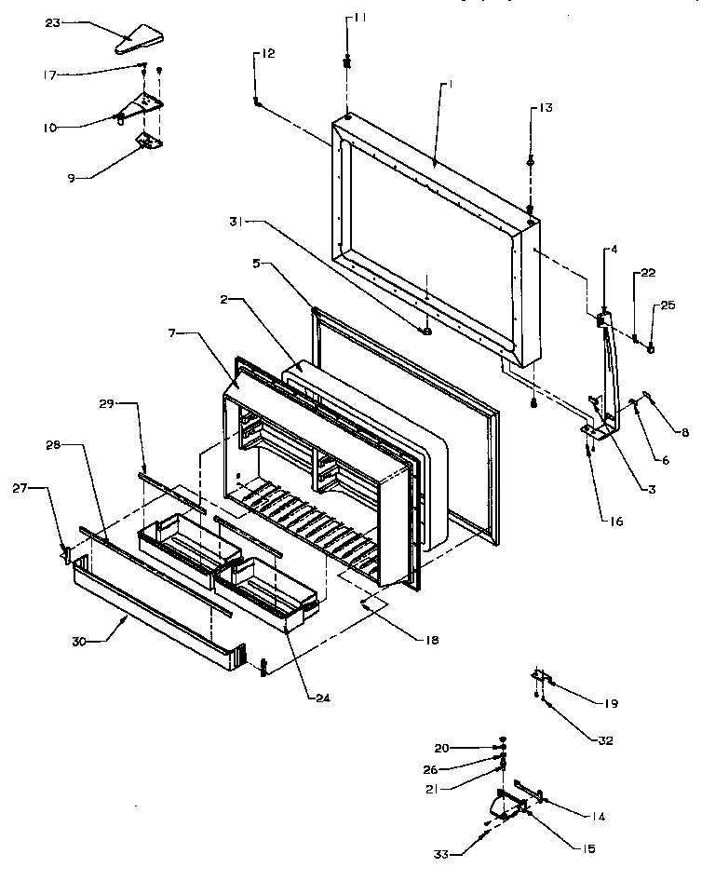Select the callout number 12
click(x=267, y=54)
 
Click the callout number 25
click(x=668, y=305)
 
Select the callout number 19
click(x=610, y=704)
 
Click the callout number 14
click(x=597, y=817)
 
